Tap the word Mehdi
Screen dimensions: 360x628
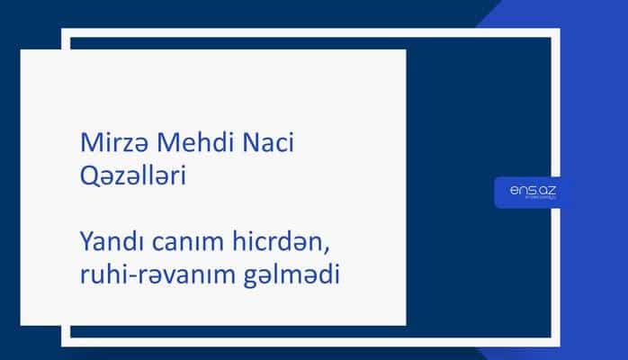click(180, 145)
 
